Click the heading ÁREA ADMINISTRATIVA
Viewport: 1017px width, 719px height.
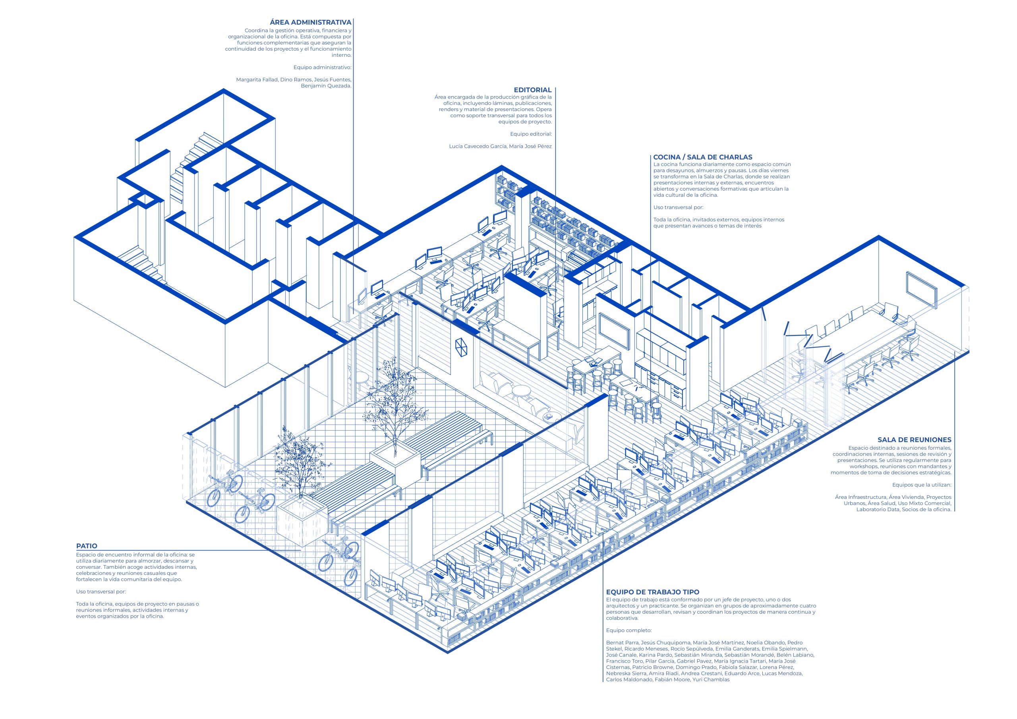click(x=311, y=22)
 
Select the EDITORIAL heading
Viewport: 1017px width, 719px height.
click(x=532, y=90)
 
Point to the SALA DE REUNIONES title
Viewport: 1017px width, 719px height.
click(x=914, y=440)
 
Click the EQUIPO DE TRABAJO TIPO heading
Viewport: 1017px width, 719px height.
click(x=653, y=592)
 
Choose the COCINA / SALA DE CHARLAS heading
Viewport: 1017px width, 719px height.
click(x=702, y=157)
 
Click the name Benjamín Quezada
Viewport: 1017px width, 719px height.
click(x=326, y=86)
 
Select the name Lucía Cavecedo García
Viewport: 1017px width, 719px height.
click(x=478, y=146)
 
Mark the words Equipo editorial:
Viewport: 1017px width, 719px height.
click(x=531, y=134)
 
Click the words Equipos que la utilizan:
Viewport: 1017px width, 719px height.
click(x=922, y=485)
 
